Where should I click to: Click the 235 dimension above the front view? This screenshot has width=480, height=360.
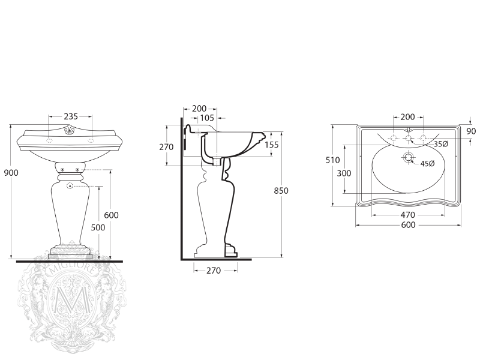click(71, 116)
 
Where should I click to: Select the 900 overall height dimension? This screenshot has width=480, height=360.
click(11, 173)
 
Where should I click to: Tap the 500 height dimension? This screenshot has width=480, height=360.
click(98, 227)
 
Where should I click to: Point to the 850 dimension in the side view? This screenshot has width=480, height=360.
click(281, 191)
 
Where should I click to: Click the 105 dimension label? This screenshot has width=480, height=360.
click(207, 118)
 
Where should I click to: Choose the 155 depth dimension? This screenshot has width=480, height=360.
click(272, 145)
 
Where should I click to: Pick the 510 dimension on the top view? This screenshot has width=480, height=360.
click(332, 160)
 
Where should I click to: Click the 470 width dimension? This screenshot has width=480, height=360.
click(408, 215)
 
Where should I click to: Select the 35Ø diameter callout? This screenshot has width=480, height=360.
click(441, 144)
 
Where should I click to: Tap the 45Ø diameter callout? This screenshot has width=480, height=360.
click(427, 164)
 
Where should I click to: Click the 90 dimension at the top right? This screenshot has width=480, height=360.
click(471, 131)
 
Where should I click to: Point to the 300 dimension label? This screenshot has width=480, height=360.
click(344, 173)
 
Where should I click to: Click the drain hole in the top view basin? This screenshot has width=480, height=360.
click(408, 158)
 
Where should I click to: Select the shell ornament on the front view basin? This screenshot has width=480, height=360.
click(70, 130)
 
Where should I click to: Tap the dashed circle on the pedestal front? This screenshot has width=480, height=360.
click(70, 185)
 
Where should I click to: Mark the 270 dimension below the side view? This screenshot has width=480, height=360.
click(214, 271)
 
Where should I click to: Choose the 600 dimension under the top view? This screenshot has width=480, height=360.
click(408, 225)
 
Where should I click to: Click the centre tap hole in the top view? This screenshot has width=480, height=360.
click(409, 139)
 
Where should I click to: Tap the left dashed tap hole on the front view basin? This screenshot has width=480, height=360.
click(49, 140)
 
